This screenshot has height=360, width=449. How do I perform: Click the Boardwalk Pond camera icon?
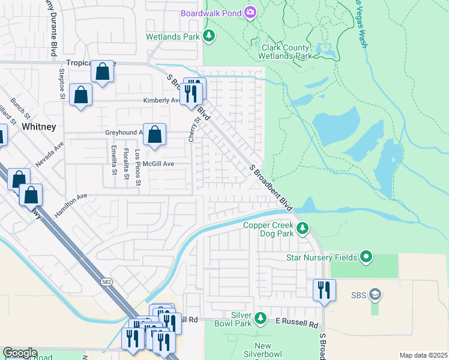[250, 13]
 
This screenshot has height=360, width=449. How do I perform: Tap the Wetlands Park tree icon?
[209, 37]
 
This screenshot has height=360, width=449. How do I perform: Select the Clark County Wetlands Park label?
[285, 52]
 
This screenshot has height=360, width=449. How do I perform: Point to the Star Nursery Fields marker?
[366, 258]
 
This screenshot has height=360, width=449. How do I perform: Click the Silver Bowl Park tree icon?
[260, 316]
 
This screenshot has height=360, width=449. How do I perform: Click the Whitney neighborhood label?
[38, 127]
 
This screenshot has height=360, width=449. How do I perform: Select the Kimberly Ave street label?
[161, 101]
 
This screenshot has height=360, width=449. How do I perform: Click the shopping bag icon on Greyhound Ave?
[155, 136]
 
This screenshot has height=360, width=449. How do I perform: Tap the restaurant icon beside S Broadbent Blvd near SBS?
[324, 290]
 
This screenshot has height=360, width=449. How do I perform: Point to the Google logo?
[19, 353]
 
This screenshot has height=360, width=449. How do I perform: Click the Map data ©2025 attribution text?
[423, 355]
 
